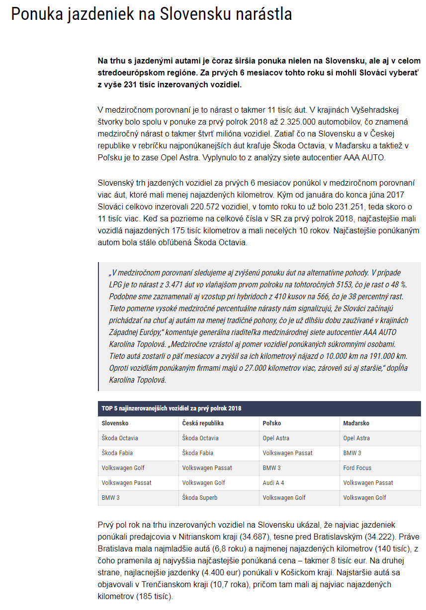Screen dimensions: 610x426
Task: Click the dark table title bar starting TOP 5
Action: point(259,408)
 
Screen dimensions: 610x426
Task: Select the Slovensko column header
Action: point(115,423)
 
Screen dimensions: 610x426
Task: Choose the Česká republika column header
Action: point(203,423)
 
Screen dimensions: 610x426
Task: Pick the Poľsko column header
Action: point(271,423)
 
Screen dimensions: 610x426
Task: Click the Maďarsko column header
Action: point(356,423)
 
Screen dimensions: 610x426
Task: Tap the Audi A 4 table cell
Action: point(274,482)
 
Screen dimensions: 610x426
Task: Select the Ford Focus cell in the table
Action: point(357,468)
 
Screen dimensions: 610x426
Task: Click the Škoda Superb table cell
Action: point(200,497)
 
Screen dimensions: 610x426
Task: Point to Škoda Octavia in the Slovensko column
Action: point(120,438)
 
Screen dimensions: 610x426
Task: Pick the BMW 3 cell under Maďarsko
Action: point(352,453)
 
